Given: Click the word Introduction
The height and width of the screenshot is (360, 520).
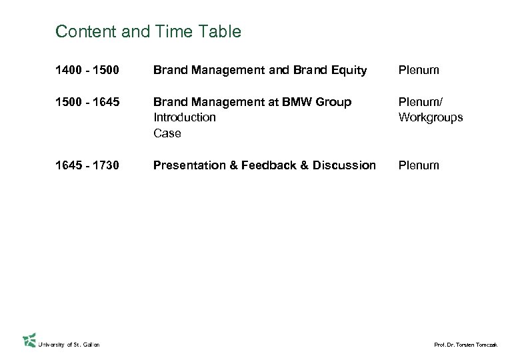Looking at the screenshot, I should coord(185,117).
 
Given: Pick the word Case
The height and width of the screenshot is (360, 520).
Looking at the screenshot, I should coord(167,133).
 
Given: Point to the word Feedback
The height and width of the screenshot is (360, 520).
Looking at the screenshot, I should coord(268,165).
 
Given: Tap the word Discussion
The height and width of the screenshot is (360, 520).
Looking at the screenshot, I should coord(342,165).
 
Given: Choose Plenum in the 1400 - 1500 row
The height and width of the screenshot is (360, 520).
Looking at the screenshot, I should coord(419,70).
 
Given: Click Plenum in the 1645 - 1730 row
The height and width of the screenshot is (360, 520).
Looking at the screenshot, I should coord(419,165).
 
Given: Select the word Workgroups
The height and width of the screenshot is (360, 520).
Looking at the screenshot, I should coord(430,117).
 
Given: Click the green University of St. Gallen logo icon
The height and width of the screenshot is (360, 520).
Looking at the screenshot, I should coord(29,341).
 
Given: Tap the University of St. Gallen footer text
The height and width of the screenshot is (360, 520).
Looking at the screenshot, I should coord(69,344).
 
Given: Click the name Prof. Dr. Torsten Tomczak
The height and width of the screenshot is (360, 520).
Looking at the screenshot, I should coord(465,344).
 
